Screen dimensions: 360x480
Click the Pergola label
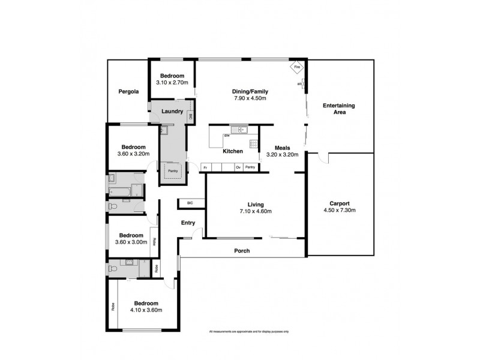point(128,92)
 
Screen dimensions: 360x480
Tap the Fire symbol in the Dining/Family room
point(296,68)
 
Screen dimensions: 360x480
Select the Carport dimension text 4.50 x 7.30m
point(339,211)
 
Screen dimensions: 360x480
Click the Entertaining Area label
point(339,109)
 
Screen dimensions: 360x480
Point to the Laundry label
point(172,111)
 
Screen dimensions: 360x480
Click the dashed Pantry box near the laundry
point(173,170)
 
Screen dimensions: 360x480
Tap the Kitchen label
point(232,152)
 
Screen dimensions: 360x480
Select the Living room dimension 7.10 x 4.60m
point(256,211)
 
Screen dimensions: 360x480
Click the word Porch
point(242,251)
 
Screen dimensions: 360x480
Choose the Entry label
point(188,223)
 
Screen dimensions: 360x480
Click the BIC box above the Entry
point(190,203)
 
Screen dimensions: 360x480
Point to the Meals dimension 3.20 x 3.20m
point(283,155)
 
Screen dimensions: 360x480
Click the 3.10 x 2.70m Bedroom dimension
point(172,83)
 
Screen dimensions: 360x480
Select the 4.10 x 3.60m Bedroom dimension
point(146,310)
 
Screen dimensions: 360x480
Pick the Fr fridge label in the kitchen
point(205,167)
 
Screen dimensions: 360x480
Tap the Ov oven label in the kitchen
point(238,167)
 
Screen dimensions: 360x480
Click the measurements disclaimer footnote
point(249,332)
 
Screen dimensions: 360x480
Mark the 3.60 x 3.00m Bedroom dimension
point(131,243)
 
